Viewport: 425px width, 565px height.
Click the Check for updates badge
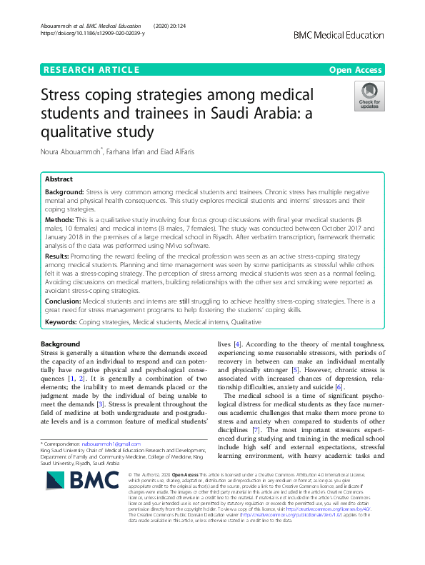pyautogui.click(x=369, y=96)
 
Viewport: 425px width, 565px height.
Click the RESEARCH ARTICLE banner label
pyautogui.click(x=91, y=69)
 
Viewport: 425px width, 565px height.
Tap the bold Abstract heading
pyautogui.click(x=59, y=179)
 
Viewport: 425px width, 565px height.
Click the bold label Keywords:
pyautogui.click(x=61, y=324)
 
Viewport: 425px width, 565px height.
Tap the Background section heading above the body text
pyautogui.click(x=61, y=345)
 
